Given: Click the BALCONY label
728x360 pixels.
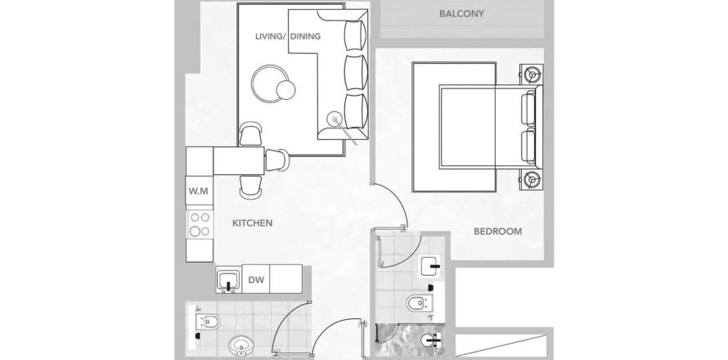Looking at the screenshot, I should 462,14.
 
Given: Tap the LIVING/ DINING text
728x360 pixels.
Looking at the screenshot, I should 288,37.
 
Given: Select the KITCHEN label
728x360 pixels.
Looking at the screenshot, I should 252,223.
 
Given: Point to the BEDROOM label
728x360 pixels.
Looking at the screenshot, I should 497,231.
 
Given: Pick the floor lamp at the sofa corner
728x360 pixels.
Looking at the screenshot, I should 335,119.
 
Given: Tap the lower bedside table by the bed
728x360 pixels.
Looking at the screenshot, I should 533,179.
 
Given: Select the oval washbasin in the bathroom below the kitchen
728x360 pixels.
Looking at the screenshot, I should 242,345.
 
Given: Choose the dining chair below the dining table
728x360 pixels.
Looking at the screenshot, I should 250,186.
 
